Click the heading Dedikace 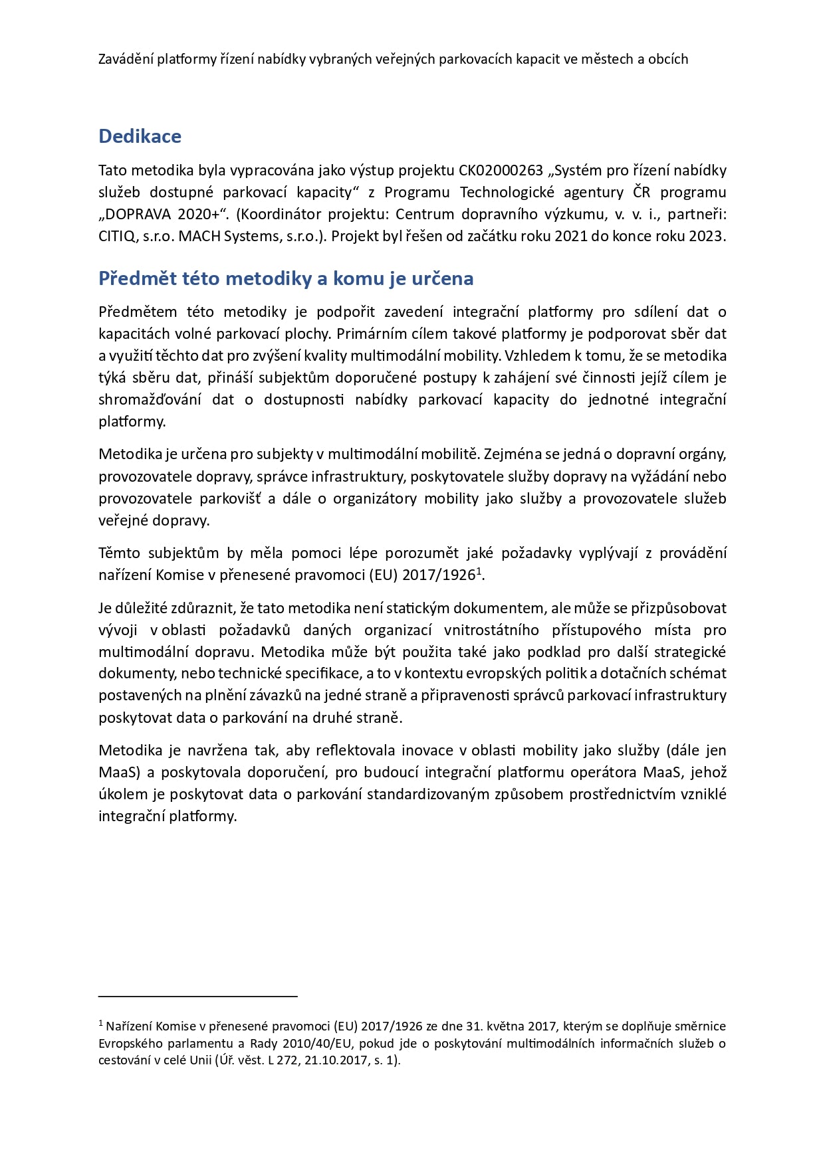(x=140, y=136)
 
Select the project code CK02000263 (x=501, y=171)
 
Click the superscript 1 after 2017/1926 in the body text (x=479, y=571)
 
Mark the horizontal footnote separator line (x=197, y=996)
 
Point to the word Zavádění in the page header (x=125, y=59)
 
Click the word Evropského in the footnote (x=130, y=1043)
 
